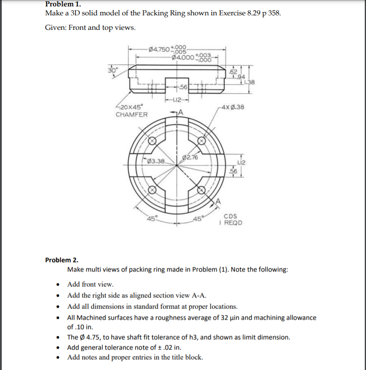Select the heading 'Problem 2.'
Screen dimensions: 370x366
pyautogui.click(x=59, y=260)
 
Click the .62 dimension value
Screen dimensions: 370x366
pyautogui.click(x=233, y=71)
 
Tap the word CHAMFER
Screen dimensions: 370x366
pyautogui.click(x=132, y=114)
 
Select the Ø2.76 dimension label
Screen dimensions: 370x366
pyautogui.click(x=190, y=157)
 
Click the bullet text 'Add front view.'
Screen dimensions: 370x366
pyautogui.click(x=90, y=284)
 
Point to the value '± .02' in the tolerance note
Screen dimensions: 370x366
pyautogui.click(x=155, y=347)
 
